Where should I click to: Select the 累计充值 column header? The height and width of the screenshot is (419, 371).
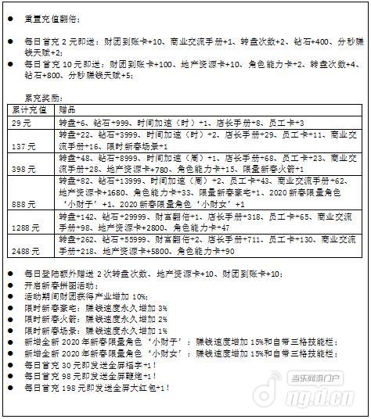point(28,112)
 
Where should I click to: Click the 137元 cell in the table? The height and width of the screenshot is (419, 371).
point(24,146)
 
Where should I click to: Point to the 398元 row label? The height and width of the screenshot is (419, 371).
point(24,169)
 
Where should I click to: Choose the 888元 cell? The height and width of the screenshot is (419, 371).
point(24,203)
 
